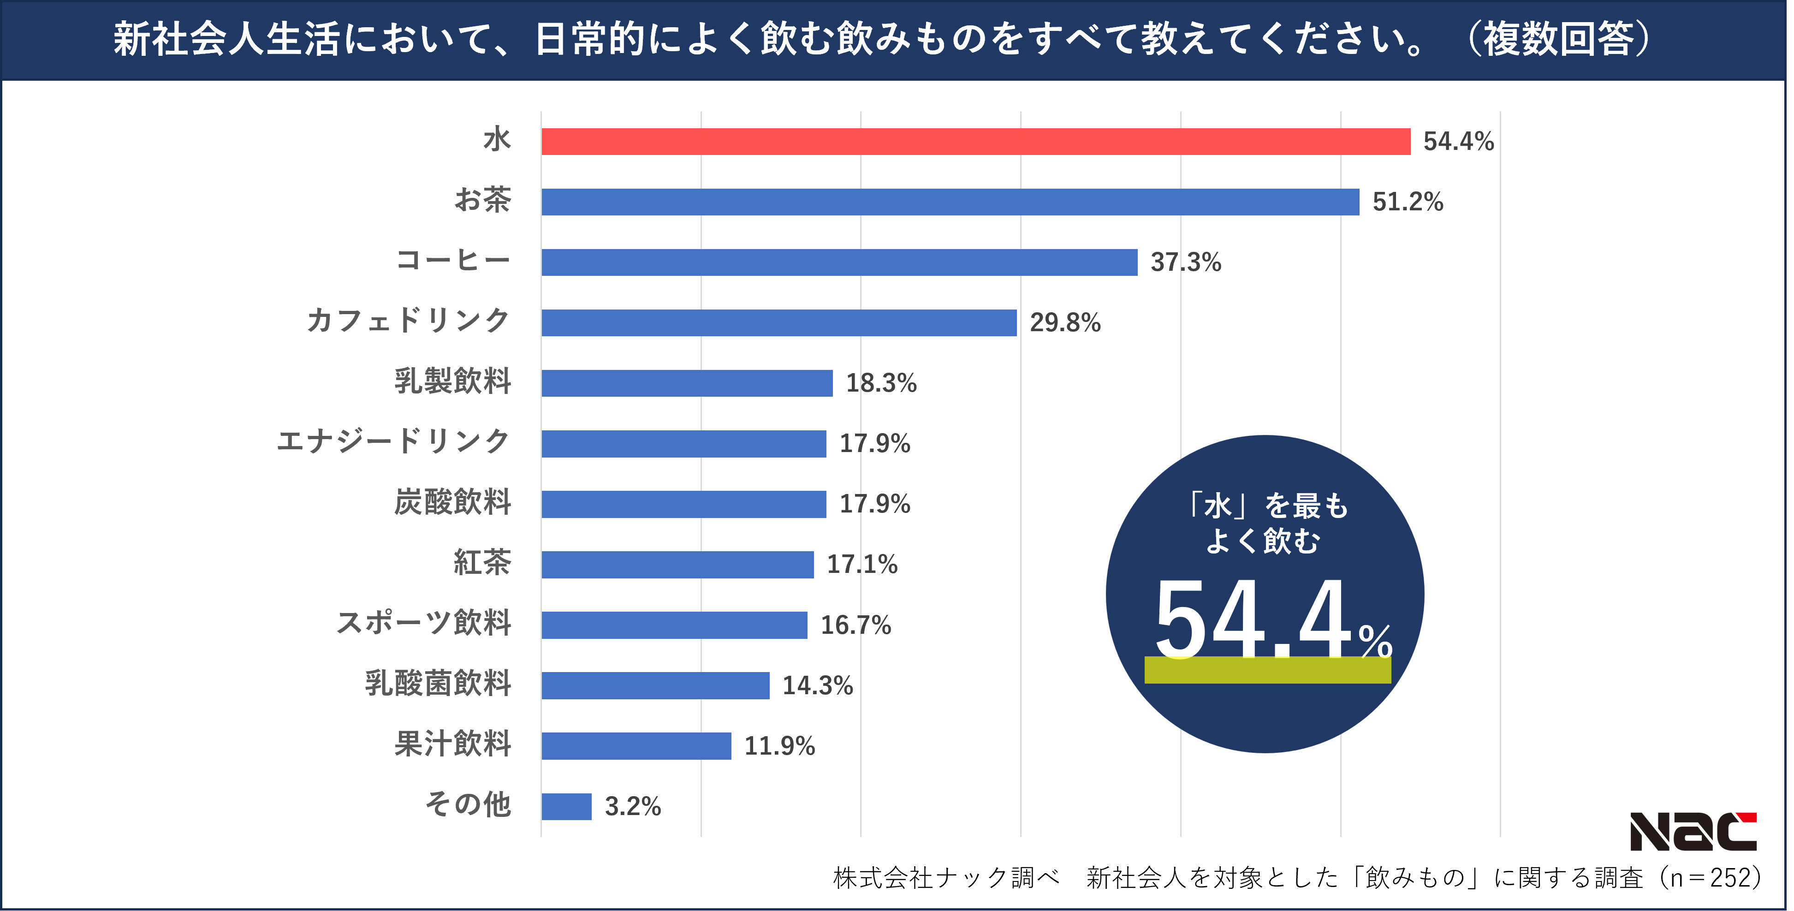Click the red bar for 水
tap(975, 142)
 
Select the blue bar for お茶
tap(950, 202)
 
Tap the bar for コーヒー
tap(839, 262)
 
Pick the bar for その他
tap(566, 807)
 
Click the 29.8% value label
tap(1065, 322)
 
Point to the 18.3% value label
tap(881, 383)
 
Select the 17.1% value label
tap(861, 564)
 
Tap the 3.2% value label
tap(632, 807)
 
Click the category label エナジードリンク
tap(393, 441)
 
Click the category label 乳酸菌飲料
tap(438, 683)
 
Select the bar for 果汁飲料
tap(636, 746)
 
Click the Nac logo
tap(1693, 832)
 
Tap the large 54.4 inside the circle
tap(1253, 619)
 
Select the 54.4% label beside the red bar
tap(1458, 142)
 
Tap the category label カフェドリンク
tap(408, 321)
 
